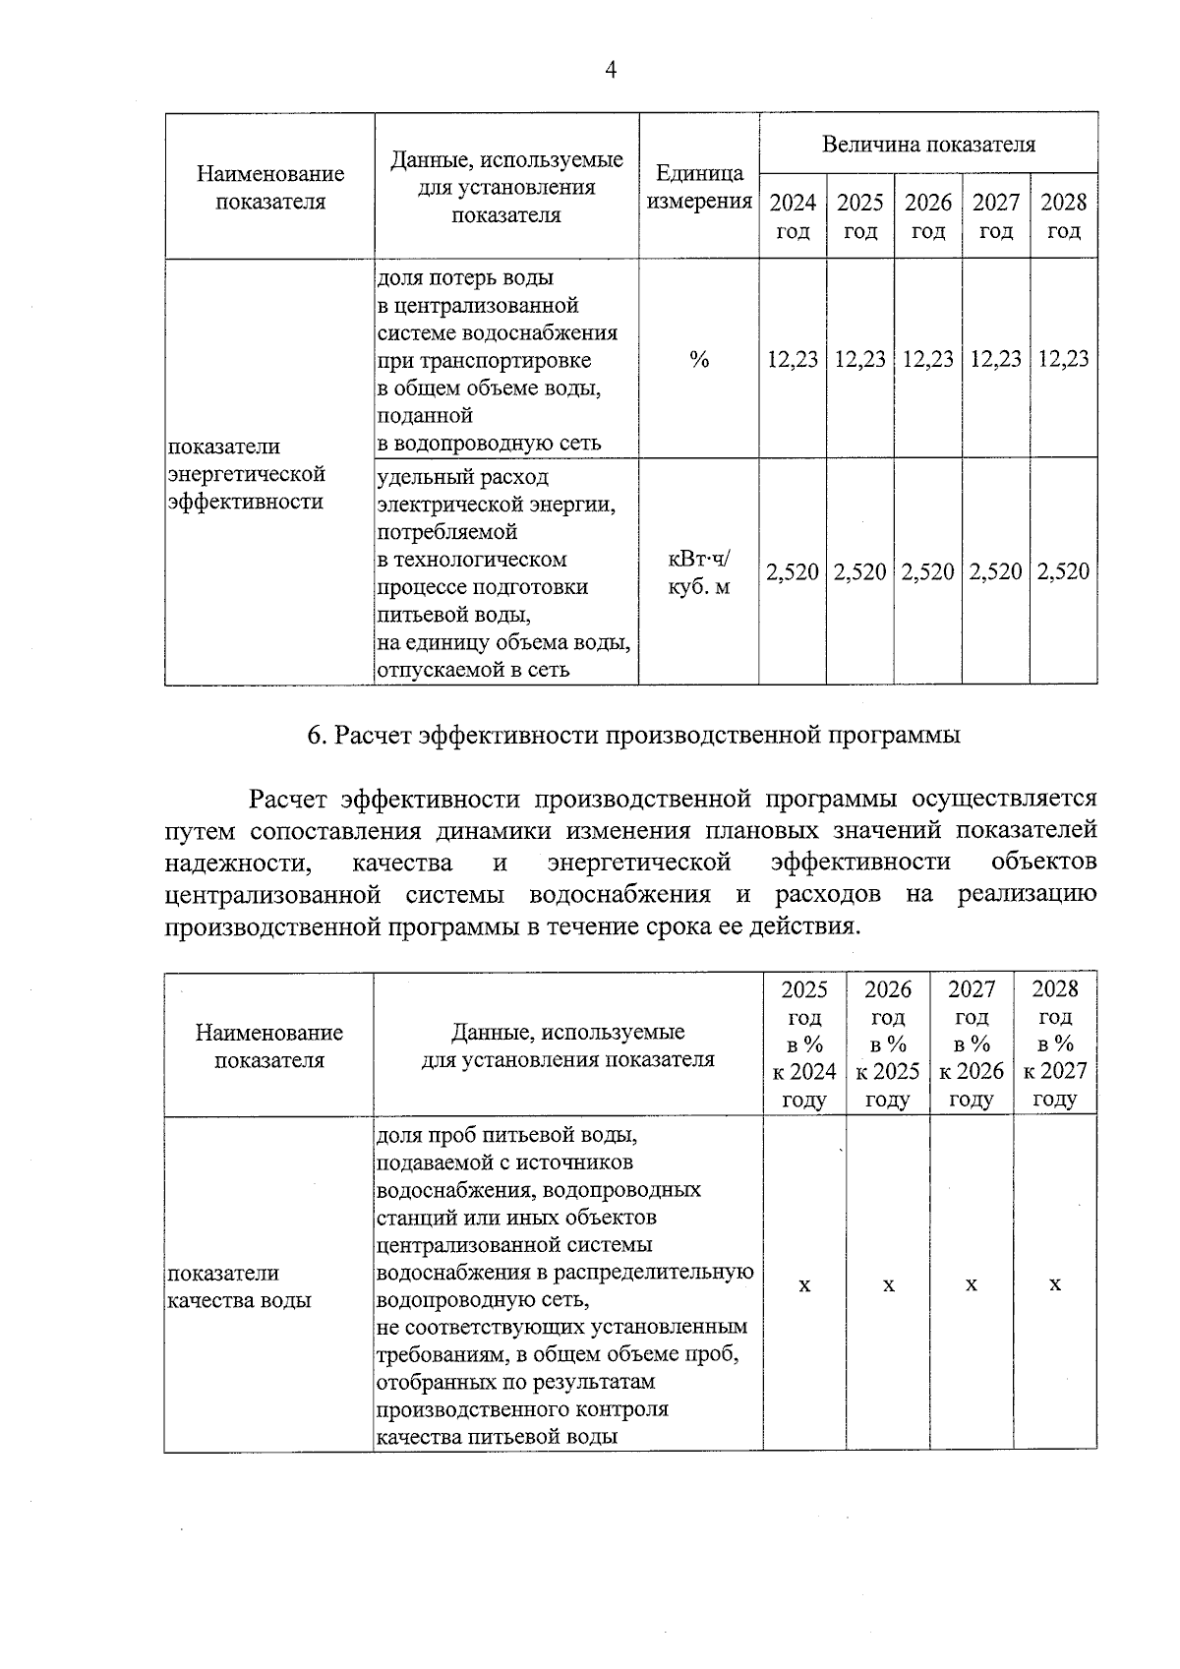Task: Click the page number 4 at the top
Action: (610, 70)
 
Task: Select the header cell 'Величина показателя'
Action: (928, 145)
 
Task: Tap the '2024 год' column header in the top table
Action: (793, 216)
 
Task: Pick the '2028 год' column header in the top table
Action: (1064, 216)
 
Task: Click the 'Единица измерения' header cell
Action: (698, 187)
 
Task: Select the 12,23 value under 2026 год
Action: (928, 359)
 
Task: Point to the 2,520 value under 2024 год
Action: (793, 571)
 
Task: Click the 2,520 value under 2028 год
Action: (1064, 571)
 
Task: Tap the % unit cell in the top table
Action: (698, 360)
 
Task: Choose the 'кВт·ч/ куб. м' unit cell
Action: (698, 572)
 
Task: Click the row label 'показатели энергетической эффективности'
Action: (247, 474)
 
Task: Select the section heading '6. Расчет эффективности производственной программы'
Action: (633, 735)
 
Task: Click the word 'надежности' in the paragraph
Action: (237, 863)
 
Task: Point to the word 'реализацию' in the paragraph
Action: (1027, 894)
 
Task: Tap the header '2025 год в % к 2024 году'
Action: (804, 1043)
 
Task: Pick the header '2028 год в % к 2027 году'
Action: (1055, 1043)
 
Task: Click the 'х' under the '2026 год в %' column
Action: (888, 1284)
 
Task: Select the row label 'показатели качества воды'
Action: (239, 1286)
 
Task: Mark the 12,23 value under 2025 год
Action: (860, 359)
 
